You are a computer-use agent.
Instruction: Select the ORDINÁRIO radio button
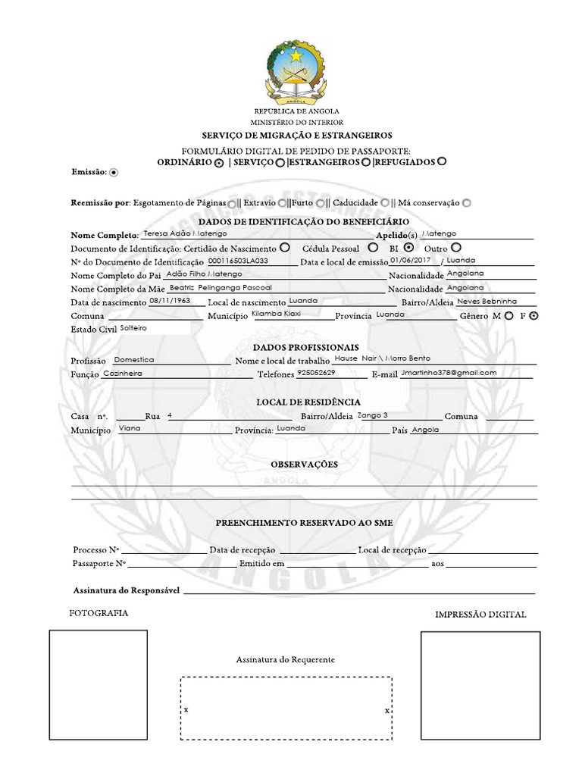coord(218,163)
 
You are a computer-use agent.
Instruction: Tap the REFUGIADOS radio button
coord(442,161)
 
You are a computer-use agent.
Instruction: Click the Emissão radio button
coord(114,173)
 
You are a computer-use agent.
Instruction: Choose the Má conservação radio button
coord(466,203)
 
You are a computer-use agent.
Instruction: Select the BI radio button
coord(408,247)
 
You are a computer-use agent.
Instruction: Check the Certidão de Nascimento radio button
coord(284,247)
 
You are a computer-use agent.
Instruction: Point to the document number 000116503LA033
coord(238,260)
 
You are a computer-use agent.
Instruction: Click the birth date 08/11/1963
coord(169,301)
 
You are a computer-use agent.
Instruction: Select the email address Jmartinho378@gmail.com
coord(449,373)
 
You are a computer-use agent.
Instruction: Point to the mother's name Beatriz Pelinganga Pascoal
coord(220,288)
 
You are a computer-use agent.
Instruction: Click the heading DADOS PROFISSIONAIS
coord(296,347)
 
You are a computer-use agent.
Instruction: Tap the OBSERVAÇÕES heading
coord(304,464)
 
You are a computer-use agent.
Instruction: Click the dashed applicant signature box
coord(286,708)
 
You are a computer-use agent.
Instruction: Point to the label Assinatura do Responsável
coord(126,590)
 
